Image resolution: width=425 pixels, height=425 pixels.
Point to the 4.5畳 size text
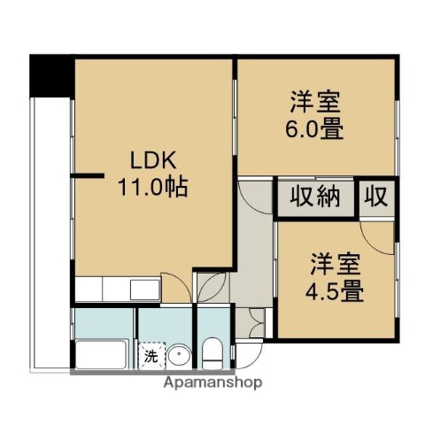(x=336, y=290)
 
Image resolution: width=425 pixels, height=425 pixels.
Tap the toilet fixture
(x=212, y=355)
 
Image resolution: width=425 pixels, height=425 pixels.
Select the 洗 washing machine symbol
(x=151, y=357)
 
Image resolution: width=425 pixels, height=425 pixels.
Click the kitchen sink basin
(x=142, y=290)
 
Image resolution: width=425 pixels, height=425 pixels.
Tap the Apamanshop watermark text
(x=212, y=383)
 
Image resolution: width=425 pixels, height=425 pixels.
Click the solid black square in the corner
(x=50, y=75)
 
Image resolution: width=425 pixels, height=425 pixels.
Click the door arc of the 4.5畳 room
(x=376, y=232)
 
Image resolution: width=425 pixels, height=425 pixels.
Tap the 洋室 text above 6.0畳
(x=314, y=101)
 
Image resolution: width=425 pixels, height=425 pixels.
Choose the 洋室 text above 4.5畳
(x=336, y=262)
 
